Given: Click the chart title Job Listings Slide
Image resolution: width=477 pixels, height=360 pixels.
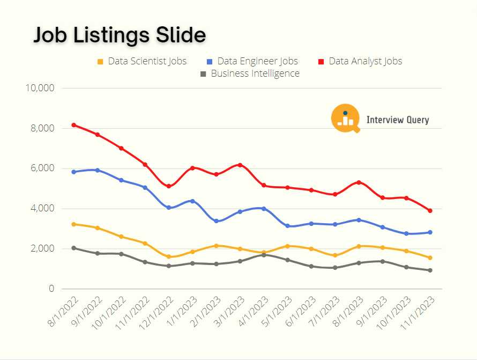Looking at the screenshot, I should (x=120, y=35).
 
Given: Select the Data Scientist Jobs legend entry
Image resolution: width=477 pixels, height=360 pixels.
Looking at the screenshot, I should (x=142, y=61).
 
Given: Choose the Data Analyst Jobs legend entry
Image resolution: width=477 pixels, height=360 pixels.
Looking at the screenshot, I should (x=360, y=61).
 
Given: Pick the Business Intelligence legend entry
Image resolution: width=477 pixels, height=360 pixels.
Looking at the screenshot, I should (x=250, y=74).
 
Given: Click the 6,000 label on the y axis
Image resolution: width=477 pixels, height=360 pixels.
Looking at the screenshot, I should (x=40, y=168).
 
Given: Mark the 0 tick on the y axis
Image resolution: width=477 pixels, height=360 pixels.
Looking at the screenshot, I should (x=51, y=289).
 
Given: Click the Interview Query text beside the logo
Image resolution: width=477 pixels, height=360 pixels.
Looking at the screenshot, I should (x=397, y=120).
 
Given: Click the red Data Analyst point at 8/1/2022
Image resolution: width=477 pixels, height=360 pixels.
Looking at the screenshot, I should (x=73, y=125).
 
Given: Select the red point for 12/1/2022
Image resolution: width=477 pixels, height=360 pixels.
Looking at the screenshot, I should (x=169, y=186).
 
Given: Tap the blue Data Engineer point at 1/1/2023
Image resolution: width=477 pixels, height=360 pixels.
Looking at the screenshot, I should (x=192, y=201).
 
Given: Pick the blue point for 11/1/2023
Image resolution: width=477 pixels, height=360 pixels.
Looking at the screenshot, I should (x=430, y=232).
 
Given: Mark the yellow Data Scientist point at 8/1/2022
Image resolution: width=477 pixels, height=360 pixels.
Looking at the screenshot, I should (x=73, y=224).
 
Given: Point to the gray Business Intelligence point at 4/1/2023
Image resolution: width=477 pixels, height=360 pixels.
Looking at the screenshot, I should (x=264, y=255).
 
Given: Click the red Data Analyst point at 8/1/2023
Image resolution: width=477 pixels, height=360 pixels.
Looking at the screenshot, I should (x=359, y=182).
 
